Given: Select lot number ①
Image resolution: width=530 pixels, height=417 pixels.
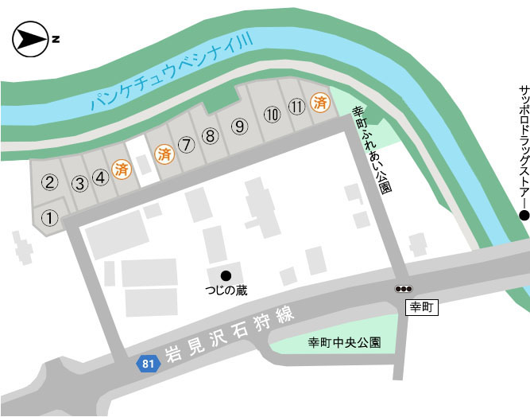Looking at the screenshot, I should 49,217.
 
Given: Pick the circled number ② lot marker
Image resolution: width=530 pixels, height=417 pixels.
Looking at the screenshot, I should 49,183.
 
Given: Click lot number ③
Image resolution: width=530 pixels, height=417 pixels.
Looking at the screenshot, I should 79,184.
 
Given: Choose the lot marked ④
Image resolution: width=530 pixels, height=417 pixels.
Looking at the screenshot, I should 101,177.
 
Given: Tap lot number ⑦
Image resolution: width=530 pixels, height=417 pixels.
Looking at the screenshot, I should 186,145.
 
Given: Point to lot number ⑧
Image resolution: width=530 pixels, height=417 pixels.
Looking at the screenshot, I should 210,136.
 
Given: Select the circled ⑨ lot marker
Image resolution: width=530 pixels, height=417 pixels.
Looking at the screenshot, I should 238,126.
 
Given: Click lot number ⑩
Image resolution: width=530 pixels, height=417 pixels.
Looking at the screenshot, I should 273,115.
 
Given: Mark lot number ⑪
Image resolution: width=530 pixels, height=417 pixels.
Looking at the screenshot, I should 296,106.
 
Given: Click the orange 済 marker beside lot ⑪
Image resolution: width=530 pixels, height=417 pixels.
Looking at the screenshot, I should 320,102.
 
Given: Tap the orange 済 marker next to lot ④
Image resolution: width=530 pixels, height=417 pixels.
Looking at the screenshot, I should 122,170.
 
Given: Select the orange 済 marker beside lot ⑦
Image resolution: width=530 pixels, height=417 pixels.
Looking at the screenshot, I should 164,153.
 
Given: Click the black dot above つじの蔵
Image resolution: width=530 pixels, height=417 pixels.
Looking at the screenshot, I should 226,275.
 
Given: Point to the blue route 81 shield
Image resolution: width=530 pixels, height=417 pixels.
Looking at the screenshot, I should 145,363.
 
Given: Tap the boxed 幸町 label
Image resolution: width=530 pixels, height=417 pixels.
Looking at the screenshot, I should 419,307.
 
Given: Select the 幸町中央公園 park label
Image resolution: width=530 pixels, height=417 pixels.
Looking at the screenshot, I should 344,343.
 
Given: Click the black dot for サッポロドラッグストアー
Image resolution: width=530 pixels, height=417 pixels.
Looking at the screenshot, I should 523,215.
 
